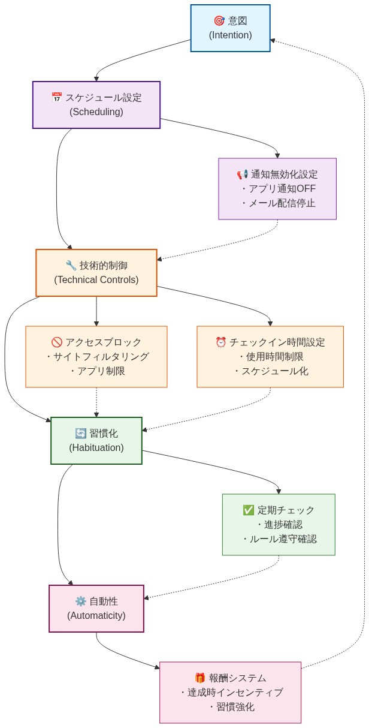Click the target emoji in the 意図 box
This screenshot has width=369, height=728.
pos(219,21)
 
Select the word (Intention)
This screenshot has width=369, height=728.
pos(231,35)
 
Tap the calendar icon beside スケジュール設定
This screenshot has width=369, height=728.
pos(57,97)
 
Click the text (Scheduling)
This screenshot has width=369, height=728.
pos(96,112)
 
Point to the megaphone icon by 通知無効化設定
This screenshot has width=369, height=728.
pos(242,175)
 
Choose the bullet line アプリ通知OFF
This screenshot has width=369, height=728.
pos(278,189)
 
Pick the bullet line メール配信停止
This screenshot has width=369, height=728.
pos(278,203)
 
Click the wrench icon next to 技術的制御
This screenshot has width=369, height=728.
pos(71,265)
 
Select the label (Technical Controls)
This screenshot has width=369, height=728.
pos(96,279)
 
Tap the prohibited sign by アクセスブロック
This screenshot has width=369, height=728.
pos(57,342)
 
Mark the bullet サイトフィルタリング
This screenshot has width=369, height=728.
pos(97,357)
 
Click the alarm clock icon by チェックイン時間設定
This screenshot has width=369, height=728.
pos(221,342)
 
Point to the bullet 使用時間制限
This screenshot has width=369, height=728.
pos(271,357)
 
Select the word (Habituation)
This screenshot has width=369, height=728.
pos(96,447)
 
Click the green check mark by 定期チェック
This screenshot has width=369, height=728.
pos(249,510)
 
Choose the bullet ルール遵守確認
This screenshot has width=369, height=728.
pos(279,539)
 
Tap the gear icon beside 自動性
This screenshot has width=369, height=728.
pos(81,601)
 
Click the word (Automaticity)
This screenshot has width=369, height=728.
pos(96,615)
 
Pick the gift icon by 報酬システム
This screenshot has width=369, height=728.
pos(200,678)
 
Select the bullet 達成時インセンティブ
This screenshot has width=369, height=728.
pos(231,693)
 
